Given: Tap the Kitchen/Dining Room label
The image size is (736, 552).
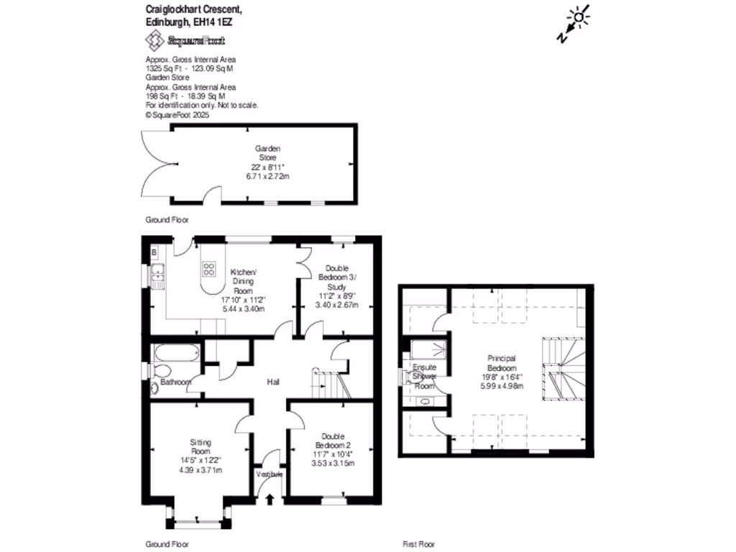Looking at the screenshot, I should tap(243, 276).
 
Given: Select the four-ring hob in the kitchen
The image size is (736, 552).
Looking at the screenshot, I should tap(209, 269).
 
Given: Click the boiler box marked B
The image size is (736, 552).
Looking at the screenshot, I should tap(154, 252).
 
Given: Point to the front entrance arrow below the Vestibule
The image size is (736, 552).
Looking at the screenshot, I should tap(270, 498).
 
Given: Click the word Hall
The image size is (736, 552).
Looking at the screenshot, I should tap(273, 382).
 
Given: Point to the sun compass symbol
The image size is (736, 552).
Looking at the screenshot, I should tap(579, 17).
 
